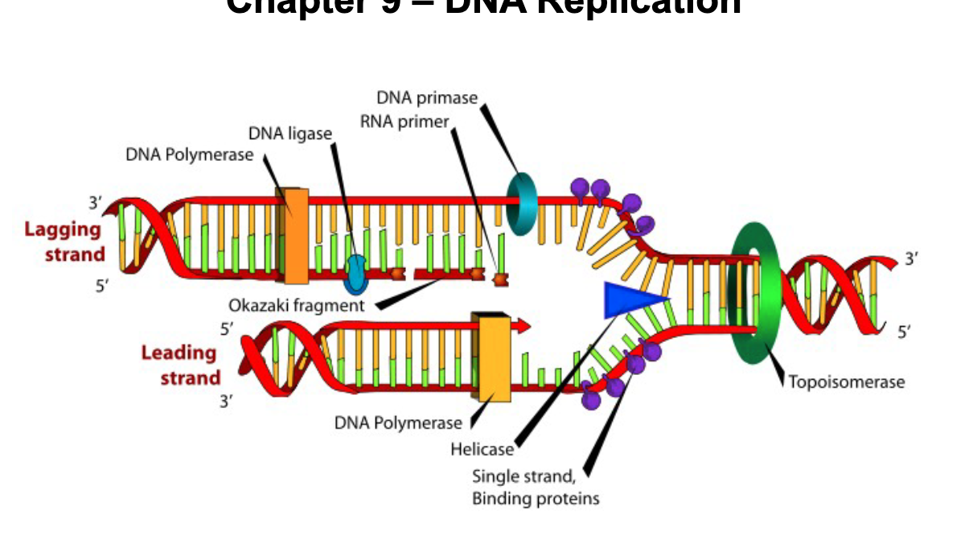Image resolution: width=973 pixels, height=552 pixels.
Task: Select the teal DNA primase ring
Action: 523,202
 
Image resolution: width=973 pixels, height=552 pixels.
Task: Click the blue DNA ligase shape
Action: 355,274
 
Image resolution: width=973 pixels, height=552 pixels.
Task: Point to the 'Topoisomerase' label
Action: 846,381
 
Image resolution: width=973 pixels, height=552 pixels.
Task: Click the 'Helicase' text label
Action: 482,449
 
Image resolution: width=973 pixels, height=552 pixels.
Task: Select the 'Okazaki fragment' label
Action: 296,306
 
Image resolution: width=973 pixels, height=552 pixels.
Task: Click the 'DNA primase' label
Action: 427,98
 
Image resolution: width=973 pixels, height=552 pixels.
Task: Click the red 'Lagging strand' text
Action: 64,241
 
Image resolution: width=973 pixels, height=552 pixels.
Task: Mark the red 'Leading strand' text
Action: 180,365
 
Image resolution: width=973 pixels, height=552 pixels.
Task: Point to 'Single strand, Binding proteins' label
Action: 535,487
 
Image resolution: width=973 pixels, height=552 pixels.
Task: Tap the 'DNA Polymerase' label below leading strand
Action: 398,422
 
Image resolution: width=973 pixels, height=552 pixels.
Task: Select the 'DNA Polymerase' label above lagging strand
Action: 189,154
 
